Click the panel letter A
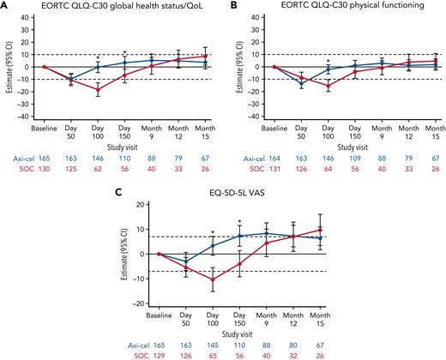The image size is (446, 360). point(4,6)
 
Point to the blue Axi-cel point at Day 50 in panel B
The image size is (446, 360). point(301,83)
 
